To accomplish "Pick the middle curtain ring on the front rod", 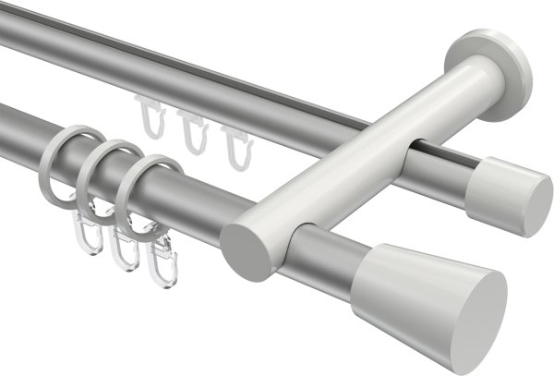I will tap(110, 177).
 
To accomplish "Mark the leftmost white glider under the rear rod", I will tap(151, 117).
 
